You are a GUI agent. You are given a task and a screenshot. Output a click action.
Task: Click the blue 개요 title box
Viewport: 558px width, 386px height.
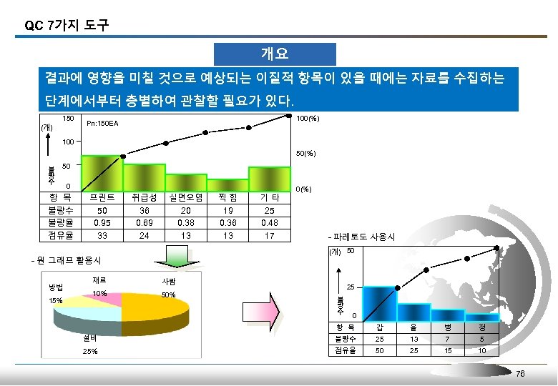coord(275,54)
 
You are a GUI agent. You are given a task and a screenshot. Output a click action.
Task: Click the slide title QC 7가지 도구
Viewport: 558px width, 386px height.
coord(67,26)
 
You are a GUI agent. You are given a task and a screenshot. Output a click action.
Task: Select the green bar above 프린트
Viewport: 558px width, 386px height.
coord(102,172)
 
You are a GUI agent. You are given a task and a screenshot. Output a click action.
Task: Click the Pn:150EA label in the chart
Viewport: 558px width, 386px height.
coord(102,124)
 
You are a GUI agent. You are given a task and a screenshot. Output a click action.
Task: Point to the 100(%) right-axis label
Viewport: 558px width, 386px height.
coord(308,119)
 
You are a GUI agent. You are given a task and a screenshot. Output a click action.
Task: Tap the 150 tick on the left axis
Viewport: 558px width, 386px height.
coord(69,119)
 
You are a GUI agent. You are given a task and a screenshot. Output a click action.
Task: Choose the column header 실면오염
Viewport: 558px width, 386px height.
coord(185,197)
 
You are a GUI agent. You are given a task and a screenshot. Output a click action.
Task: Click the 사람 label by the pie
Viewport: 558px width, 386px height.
coord(170,282)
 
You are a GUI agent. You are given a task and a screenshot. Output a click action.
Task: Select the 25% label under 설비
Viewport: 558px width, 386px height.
coord(91,352)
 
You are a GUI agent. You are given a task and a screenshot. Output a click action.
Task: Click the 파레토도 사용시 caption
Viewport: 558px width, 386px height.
coord(356,237)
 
